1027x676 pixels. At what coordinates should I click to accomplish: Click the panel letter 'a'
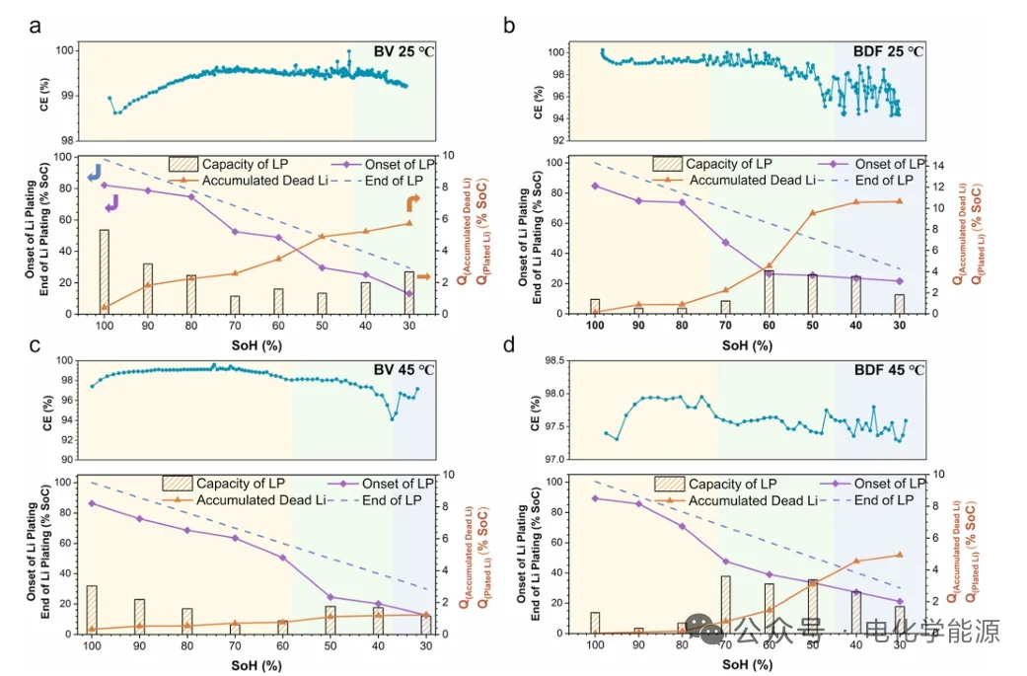[35, 27]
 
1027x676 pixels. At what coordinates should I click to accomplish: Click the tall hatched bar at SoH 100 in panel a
[105, 271]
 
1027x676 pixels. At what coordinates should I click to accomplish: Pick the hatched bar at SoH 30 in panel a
[409, 292]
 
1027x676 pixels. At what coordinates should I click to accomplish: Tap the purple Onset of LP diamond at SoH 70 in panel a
[235, 232]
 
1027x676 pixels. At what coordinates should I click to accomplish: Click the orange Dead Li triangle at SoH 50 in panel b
[813, 213]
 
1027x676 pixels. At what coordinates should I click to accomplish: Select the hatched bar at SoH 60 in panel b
[769, 292]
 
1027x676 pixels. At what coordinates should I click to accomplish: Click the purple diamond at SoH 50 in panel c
[330, 597]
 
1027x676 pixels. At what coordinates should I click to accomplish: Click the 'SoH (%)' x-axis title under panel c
[258, 663]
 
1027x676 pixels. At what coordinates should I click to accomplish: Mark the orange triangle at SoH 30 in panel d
[899, 555]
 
